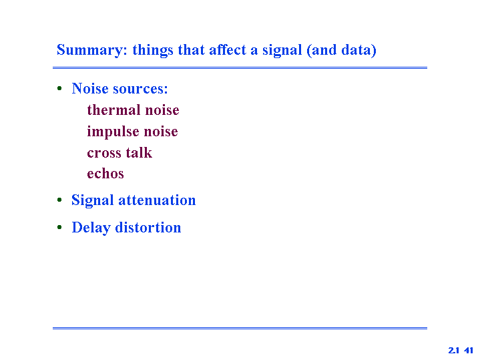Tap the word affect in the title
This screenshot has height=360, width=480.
point(228,49)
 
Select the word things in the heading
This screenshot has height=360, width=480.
point(152,50)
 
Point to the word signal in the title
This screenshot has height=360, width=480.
point(282,50)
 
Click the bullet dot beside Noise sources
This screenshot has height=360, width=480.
point(59,89)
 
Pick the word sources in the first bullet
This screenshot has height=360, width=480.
point(140,89)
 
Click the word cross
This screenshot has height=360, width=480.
point(104,153)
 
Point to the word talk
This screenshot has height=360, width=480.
point(139,152)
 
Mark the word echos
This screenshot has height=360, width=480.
point(105,174)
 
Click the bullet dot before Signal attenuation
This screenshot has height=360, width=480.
point(59,200)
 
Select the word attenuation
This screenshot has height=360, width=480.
point(157,200)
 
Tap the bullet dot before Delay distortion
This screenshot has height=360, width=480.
point(59,227)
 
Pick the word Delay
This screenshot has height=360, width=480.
point(91,228)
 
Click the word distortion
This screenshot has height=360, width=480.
point(148,227)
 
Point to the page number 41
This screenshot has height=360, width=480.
point(469,350)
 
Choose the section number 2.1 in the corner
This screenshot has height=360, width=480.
point(454,350)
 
